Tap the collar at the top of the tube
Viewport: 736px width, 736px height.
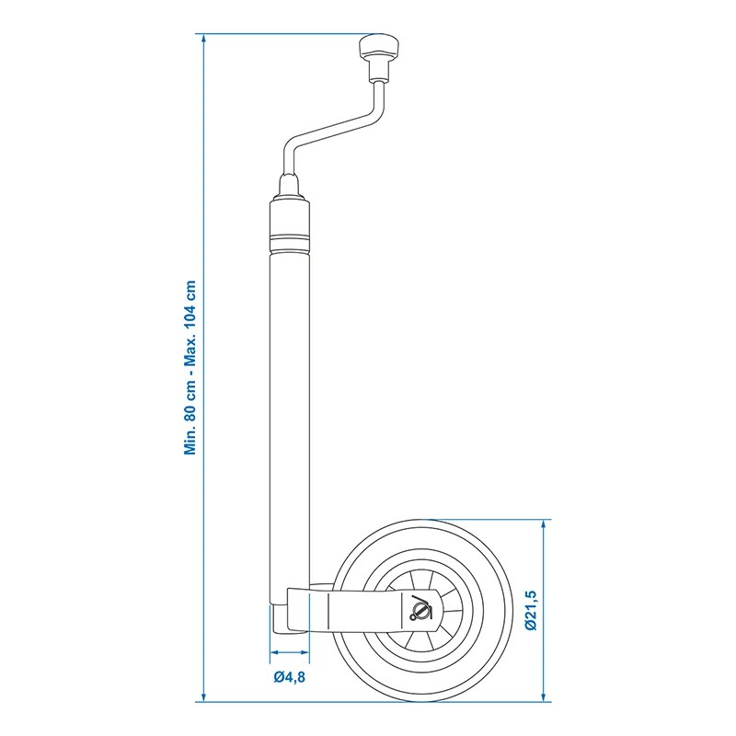tap(290, 221)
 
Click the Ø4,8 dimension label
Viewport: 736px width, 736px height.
tap(290, 679)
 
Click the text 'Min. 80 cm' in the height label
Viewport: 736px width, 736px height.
tap(191, 409)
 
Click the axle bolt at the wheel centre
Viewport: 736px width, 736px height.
tap(419, 608)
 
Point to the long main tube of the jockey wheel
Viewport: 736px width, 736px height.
tap(290, 414)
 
